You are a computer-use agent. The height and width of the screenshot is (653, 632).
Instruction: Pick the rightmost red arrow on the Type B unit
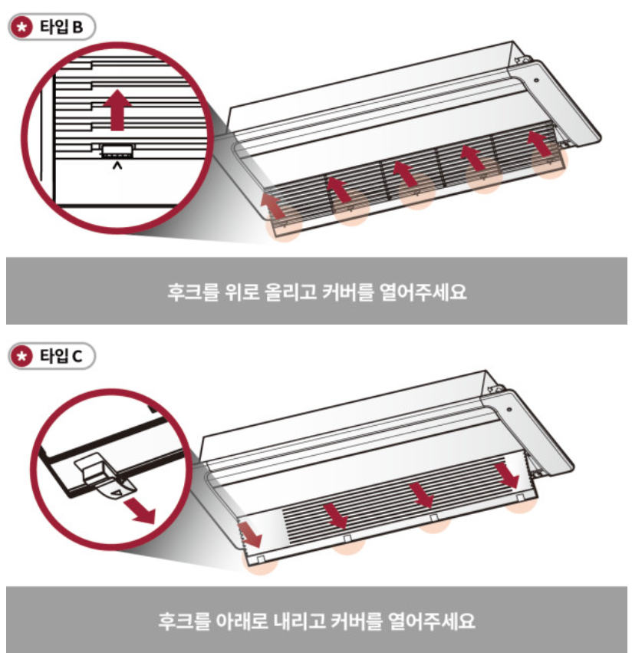(x=542, y=144)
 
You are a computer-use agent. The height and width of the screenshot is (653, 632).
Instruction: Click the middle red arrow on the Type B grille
(x=404, y=173)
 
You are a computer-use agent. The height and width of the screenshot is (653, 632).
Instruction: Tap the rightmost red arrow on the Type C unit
(x=506, y=474)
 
